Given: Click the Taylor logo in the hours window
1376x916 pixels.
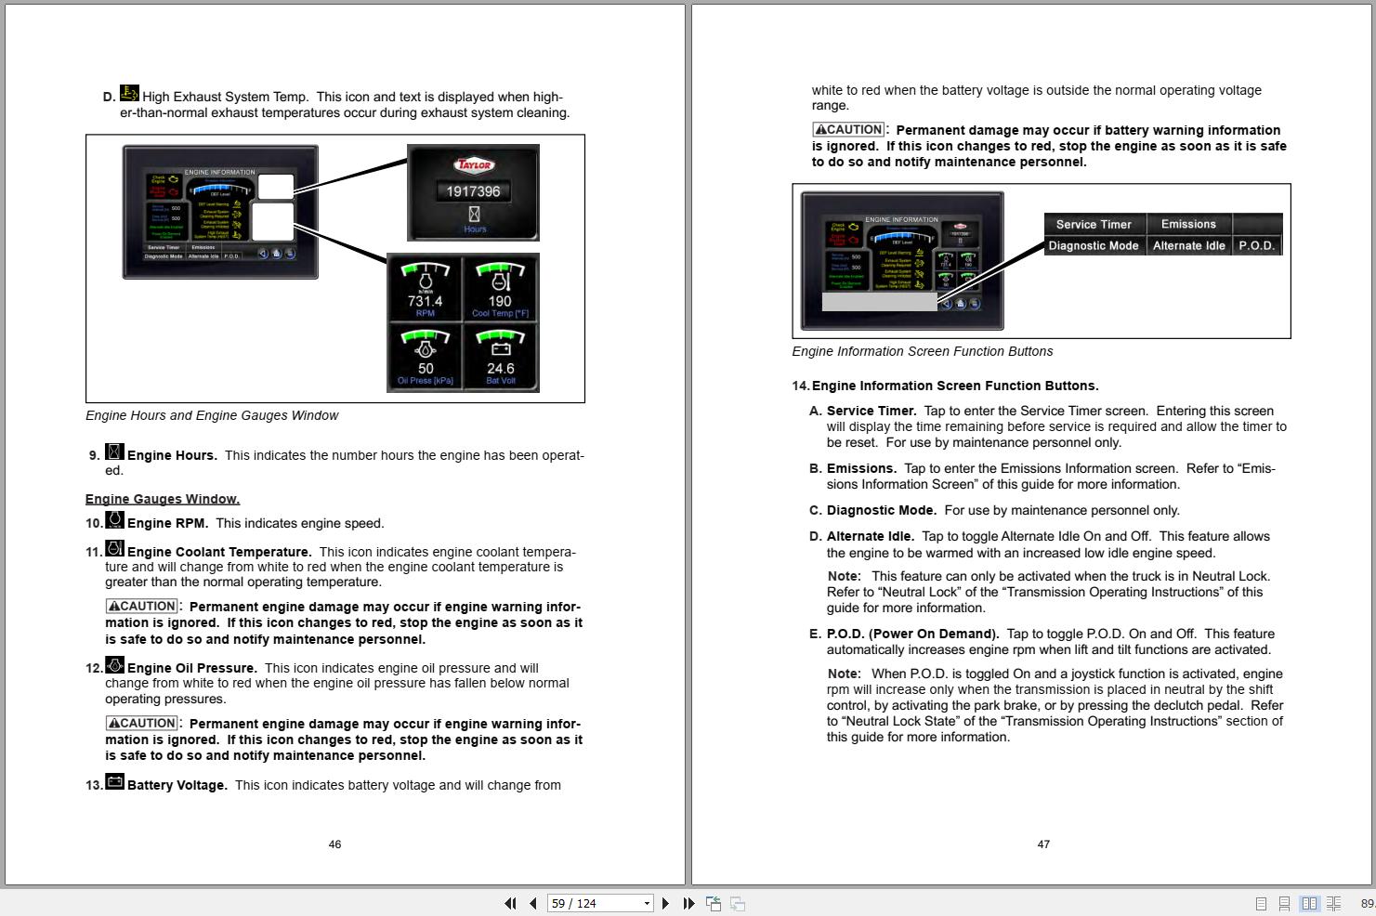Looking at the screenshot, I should [473, 165].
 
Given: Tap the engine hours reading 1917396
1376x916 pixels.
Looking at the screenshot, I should [473, 191].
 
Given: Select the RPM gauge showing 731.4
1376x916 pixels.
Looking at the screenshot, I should [426, 289].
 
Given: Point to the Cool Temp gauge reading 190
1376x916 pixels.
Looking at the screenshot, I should [501, 289].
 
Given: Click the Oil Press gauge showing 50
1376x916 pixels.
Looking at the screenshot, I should [426, 357].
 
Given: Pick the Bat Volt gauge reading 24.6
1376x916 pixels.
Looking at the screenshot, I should [501, 357].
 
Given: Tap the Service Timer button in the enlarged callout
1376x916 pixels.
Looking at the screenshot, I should [1094, 224].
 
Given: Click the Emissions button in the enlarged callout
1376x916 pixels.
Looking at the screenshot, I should [1188, 224].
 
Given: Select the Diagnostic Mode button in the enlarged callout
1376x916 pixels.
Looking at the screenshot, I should [1094, 245].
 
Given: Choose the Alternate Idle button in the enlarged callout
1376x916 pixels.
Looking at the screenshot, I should [1188, 245].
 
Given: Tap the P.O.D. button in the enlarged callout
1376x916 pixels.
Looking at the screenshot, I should [1256, 245].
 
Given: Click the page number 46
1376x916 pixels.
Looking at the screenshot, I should [334, 844].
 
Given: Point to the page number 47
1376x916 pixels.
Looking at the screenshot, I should [1043, 844].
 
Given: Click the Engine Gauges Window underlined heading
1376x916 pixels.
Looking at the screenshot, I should [163, 499].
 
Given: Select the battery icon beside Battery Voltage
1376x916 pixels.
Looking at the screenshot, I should [114, 782].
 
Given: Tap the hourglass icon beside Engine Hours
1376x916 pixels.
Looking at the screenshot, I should [114, 452].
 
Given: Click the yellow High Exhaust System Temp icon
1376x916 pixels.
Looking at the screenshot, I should [129, 94].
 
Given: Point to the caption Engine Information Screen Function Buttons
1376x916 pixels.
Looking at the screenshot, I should [922, 351].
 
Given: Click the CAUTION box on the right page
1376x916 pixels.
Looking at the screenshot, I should [848, 130].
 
